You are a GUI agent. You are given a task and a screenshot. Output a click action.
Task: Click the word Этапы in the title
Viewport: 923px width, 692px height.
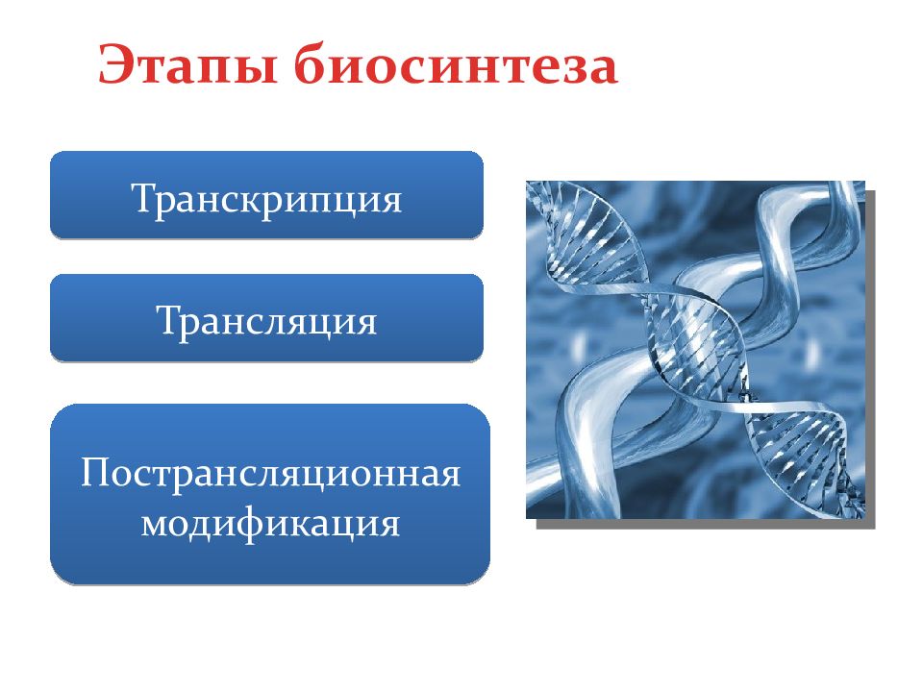(x=187, y=65)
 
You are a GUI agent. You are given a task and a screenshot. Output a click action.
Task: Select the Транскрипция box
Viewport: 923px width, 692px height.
(x=266, y=195)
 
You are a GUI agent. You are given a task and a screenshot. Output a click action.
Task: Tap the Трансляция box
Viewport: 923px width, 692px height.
(x=266, y=318)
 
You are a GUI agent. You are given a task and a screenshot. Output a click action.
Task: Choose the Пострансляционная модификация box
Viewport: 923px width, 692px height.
(x=270, y=494)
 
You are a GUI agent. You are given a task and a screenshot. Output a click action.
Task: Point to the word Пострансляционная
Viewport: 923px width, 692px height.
(x=270, y=473)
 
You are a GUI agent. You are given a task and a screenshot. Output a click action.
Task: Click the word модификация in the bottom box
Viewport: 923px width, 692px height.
(x=270, y=524)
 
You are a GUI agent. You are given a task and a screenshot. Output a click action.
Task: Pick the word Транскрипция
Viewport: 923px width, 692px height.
(x=266, y=199)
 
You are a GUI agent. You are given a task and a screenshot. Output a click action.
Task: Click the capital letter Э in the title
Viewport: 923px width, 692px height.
(x=114, y=63)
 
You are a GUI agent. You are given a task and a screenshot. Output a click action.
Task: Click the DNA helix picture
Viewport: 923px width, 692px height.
(x=695, y=350)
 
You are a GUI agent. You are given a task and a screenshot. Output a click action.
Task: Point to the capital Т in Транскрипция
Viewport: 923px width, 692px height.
(x=143, y=197)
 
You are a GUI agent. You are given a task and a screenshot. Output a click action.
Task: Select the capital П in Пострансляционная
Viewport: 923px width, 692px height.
(x=96, y=471)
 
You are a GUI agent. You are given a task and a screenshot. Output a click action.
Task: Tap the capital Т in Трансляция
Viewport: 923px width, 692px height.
(x=169, y=319)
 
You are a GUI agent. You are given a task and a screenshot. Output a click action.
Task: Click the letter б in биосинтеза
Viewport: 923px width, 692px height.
(x=310, y=63)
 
